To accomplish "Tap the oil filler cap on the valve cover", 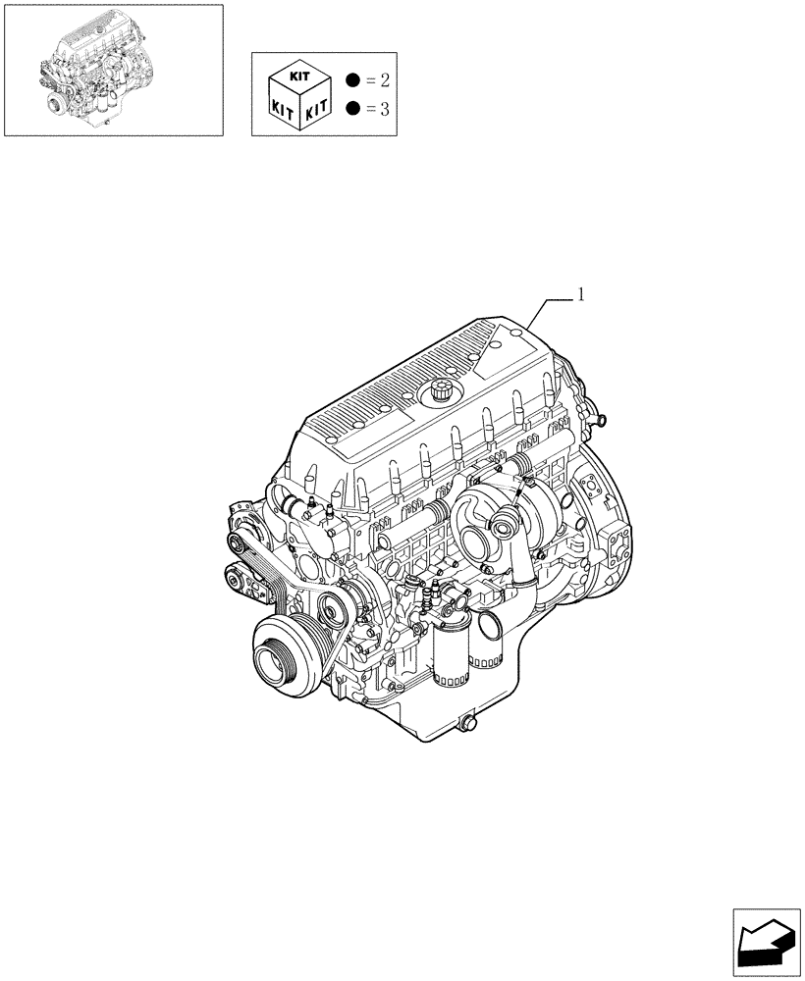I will [x=436, y=393].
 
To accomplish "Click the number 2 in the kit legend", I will [x=384, y=79].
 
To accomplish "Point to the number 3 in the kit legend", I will [x=384, y=109].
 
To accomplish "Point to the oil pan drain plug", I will [x=464, y=725].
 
